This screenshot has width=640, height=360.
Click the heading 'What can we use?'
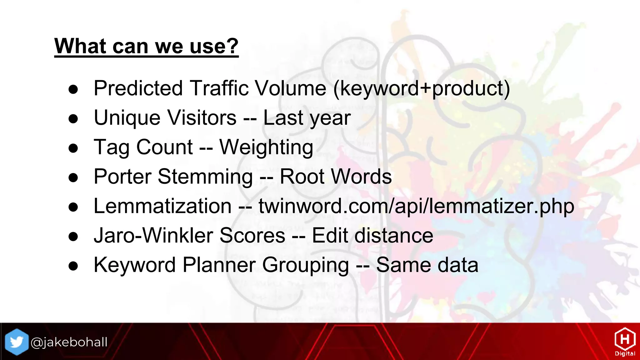[146, 46]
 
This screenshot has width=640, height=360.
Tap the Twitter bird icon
[17, 342]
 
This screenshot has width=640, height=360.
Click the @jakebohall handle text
[69, 342]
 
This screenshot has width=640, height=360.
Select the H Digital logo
[625, 342]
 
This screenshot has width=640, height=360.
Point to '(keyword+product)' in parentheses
[422, 89]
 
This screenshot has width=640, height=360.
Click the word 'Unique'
[127, 118]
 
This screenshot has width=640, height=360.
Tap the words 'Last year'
[307, 118]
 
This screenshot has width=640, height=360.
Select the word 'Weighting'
[266, 147]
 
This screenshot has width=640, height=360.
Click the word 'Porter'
[122, 177]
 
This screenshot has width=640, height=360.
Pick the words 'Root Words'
[336, 177]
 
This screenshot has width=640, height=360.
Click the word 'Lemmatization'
[162, 206]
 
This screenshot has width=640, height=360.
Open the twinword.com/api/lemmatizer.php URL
[416, 206]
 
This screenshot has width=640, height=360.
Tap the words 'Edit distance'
[372, 236]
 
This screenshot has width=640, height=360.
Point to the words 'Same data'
[427, 265]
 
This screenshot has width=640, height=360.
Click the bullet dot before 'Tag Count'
[73, 148]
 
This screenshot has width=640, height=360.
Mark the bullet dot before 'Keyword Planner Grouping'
[73, 266]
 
